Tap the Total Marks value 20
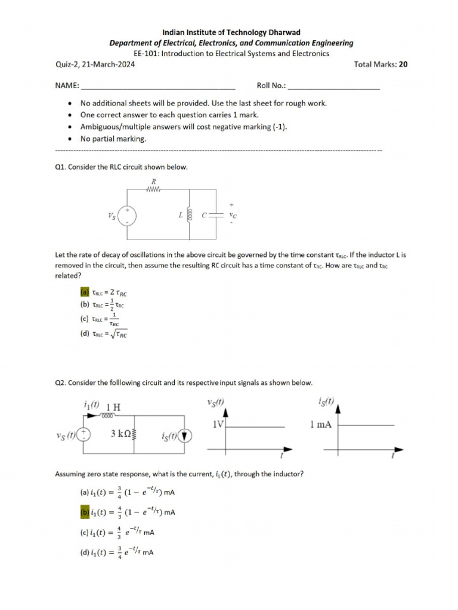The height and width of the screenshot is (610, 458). click(404, 65)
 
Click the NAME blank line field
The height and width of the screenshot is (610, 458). click(158, 86)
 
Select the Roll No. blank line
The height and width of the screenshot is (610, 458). click(333, 86)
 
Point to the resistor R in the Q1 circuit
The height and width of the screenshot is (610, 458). click(154, 189)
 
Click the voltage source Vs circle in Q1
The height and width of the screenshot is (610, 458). click(128, 216)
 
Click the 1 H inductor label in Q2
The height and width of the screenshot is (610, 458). click(113, 407)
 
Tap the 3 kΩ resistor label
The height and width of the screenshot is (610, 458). click(121, 434)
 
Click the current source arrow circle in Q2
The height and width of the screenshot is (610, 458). click(185, 437)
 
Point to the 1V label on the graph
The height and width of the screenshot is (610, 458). click(218, 425)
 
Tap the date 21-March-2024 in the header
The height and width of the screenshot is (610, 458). click(109, 65)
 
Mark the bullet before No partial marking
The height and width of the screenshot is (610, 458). click(71, 139)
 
